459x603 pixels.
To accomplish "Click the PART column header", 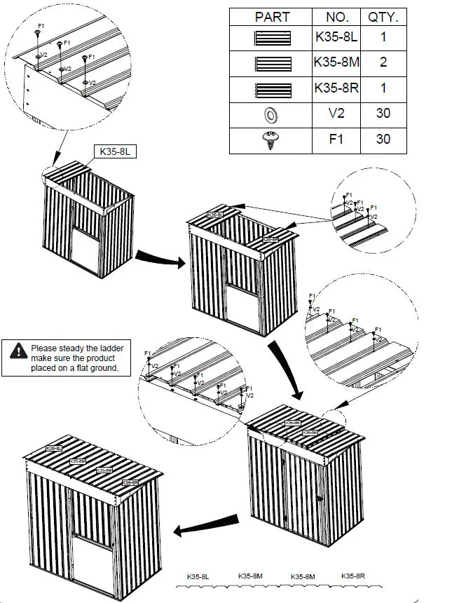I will click(271, 17).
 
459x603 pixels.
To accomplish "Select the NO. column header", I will click(337, 17).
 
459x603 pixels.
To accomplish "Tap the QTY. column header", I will click(383, 17).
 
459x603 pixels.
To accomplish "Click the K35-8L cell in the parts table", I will click(337, 38).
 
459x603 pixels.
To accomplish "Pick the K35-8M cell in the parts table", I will click(337, 63).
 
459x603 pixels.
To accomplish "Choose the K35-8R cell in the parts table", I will click(337, 88).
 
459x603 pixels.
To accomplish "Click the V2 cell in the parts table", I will click(337, 114).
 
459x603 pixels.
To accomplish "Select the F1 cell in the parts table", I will click(337, 139).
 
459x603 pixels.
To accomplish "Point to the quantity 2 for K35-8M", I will click(383, 63).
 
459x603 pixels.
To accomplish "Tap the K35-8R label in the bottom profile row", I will click(353, 576).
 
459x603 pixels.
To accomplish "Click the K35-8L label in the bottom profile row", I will click(198, 576).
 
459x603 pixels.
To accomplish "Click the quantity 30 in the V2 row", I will click(383, 114).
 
